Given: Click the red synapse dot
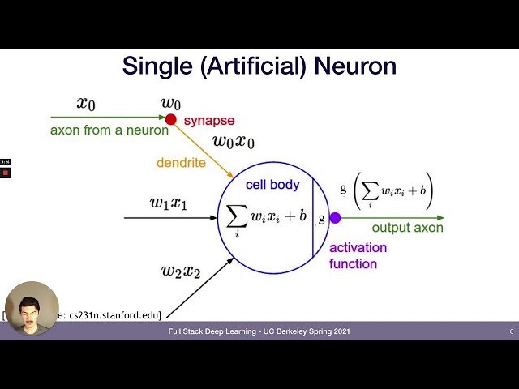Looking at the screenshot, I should click(171, 119).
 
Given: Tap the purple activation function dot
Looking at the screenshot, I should click(334, 217).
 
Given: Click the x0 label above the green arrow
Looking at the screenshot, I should click(86, 103).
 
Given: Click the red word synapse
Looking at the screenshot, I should click(209, 121).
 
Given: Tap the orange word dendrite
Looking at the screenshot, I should click(181, 163).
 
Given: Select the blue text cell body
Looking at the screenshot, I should click(272, 185).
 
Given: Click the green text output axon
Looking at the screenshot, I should click(407, 228).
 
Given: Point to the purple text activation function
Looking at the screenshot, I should click(358, 255).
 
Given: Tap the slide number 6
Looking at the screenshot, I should click(511, 331).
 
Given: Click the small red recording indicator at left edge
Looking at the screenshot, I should click(6, 173).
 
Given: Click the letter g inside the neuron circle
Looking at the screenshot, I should click(322, 218).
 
